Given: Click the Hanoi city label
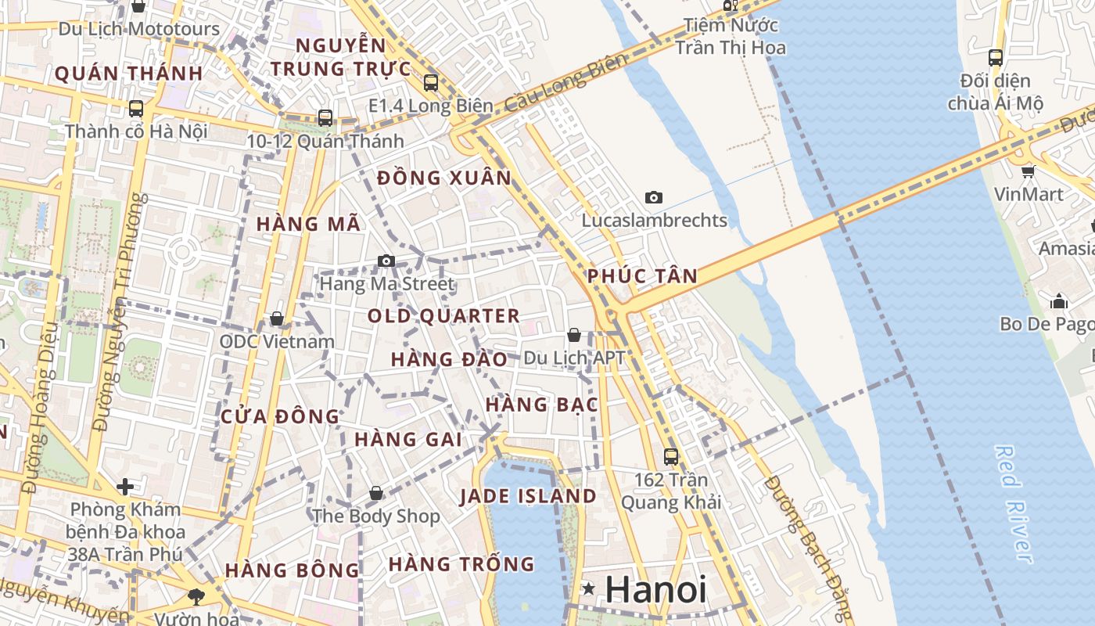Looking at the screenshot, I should point(655,589).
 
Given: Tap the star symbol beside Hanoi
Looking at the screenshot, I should point(588,588).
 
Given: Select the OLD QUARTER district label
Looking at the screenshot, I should point(443,316).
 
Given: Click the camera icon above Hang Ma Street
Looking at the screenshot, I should point(386,261).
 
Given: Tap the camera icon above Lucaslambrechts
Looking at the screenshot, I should point(654,197).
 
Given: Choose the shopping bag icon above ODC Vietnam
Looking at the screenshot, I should point(276,318).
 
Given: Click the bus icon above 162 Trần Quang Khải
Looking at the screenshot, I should point(671,456).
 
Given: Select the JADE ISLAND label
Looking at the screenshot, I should point(528,496).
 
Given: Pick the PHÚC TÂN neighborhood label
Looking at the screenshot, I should point(642,276).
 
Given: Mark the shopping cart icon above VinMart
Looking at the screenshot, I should point(1028,171).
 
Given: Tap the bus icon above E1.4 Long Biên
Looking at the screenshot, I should point(431,82).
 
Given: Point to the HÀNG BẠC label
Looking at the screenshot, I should point(542,405).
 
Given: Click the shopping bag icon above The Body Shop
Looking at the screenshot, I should point(376,493).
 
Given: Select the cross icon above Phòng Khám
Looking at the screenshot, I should point(125,487).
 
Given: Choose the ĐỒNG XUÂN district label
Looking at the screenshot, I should point(444,178).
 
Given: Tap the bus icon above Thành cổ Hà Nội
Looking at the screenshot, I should point(136,108).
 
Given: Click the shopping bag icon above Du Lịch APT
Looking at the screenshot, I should point(574,335).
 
